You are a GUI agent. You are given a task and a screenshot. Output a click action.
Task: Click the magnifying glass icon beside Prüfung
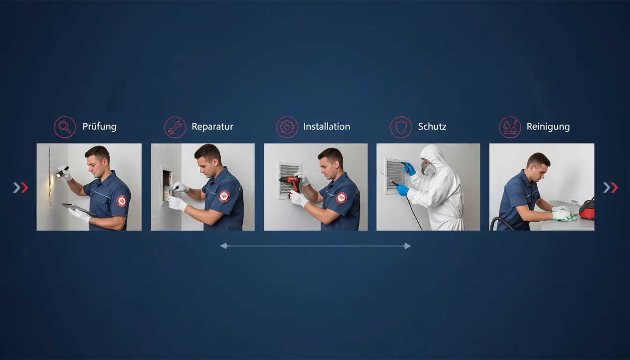click(x=65, y=127)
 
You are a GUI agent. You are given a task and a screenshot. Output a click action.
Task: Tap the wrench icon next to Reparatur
click(x=175, y=127)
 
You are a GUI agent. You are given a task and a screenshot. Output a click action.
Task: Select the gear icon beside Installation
click(x=287, y=127)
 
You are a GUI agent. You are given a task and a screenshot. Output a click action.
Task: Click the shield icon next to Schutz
click(x=401, y=127)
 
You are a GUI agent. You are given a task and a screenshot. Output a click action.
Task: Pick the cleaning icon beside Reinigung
click(x=510, y=127)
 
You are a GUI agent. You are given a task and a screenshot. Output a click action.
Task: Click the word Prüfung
click(x=99, y=127)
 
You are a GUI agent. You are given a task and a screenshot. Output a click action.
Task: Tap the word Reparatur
click(x=212, y=127)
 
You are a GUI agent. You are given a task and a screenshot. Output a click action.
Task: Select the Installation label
click(x=327, y=127)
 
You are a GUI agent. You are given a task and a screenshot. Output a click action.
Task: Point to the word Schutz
click(x=432, y=127)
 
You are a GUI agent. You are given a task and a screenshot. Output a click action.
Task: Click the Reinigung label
click(x=548, y=127)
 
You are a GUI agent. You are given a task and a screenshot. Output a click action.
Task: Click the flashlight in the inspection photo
click(x=62, y=172)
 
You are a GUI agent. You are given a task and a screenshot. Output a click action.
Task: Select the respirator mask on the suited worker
click(x=427, y=168)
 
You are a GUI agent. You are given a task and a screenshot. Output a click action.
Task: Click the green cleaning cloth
click(x=566, y=217)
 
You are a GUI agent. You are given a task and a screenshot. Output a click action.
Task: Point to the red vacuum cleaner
click(x=587, y=209)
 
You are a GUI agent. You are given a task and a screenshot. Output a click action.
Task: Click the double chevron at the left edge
click(x=21, y=187)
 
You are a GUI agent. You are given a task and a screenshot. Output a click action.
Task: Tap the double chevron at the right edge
click(x=610, y=187)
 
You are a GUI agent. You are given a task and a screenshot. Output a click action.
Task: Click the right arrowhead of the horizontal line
click(x=407, y=246)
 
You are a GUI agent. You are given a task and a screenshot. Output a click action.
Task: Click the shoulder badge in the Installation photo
click(x=341, y=198)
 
